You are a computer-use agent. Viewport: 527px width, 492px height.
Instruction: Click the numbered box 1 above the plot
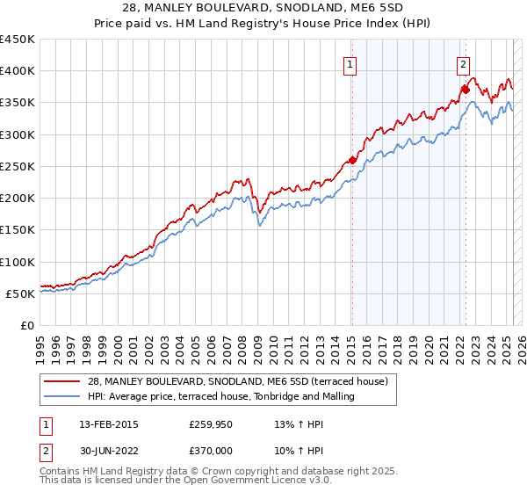tap(350, 63)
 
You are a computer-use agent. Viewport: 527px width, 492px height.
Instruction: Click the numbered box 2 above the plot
tap(463, 63)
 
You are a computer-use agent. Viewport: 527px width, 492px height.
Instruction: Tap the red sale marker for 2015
tap(351, 160)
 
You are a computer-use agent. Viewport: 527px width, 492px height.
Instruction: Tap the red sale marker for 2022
tap(466, 90)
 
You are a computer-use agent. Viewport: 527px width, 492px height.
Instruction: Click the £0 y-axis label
tap(26, 325)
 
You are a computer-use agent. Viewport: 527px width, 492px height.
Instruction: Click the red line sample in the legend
tap(62, 381)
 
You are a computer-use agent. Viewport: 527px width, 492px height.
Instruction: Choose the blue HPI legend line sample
tap(62, 396)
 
